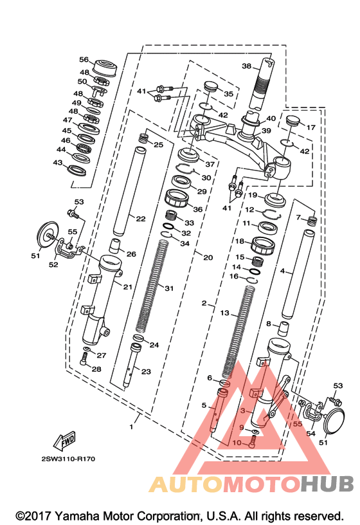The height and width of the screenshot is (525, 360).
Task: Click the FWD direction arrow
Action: (x=64, y=440)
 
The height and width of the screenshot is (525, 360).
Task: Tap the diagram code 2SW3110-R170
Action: (x=68, y=459)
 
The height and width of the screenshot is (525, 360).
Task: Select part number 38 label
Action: (x=247, y=66)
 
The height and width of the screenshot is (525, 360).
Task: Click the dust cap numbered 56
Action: (x=104, y=68)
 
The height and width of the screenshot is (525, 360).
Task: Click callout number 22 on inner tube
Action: (x=141, y=219)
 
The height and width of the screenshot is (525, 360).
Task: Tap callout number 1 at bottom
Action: (x=131, y=427)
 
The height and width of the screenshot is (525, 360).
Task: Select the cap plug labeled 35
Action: (x=211, y=86)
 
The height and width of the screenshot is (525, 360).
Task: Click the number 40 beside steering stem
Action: (x=271, y=118)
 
